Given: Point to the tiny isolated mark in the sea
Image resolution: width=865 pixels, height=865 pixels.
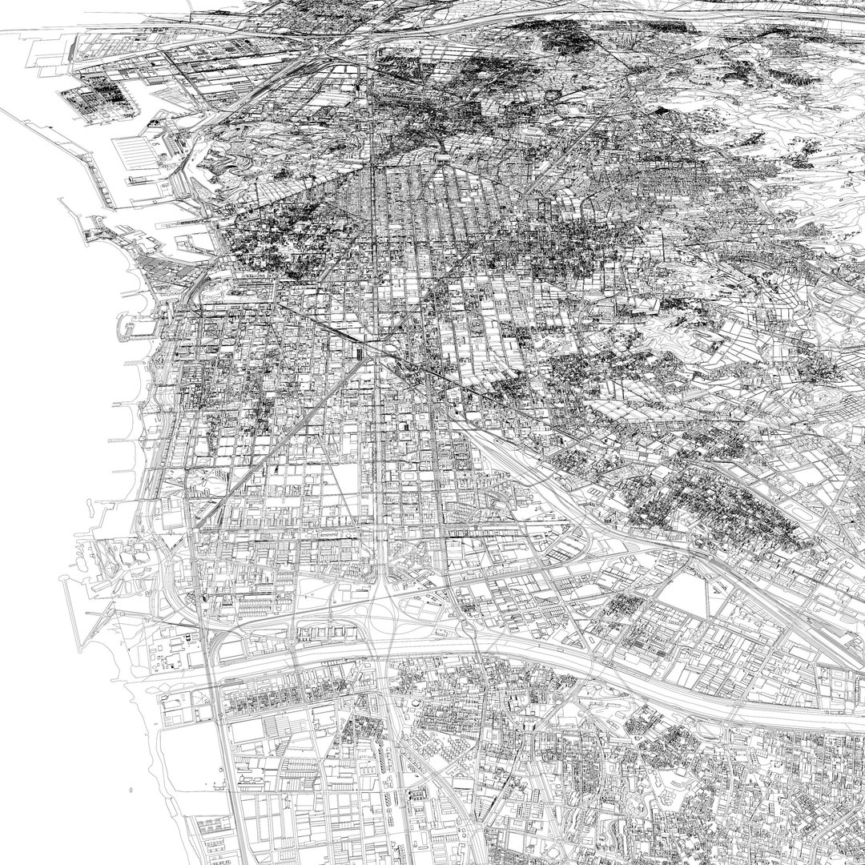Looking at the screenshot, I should pos(130,790).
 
